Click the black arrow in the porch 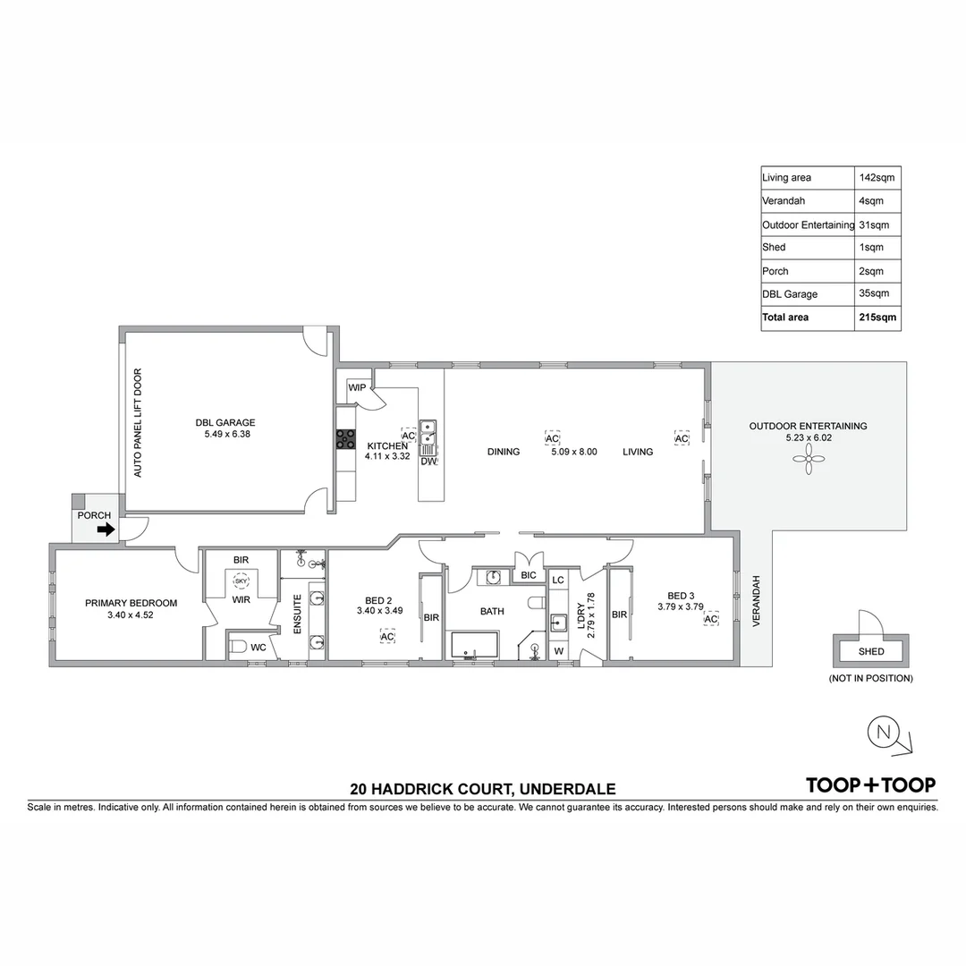pos(106,530)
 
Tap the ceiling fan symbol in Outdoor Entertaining pos(808,461)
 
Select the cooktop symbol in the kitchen pos(344,438)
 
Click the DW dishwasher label pos(428,462)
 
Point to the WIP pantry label pos(357,388)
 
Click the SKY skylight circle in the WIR pos(241,580)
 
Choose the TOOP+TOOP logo pos(871,784)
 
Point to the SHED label pos(870,651)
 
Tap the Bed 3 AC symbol pos(711,619)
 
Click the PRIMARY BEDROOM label pos(131,603)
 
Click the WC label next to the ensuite pos(258,647)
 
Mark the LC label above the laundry pos(558,580)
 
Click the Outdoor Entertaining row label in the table pos(808,225)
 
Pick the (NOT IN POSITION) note pos(870,678)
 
